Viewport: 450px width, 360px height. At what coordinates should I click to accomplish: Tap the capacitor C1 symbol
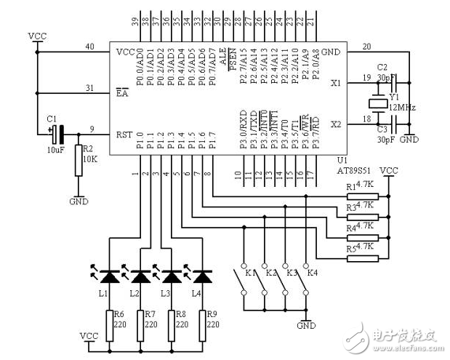[x=57, y=134]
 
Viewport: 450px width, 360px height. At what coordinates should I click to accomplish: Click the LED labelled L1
[x=111, y=276]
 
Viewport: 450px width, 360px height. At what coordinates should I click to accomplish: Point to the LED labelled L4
[x=202, y=276]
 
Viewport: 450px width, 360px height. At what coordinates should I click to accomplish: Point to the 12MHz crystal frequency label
[x=401, y=107]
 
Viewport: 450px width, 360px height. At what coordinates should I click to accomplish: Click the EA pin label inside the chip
[x=121, y=92]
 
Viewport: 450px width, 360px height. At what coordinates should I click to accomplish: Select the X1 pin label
[x=335, y=84]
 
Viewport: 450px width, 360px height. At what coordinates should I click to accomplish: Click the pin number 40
[x=89, y=47]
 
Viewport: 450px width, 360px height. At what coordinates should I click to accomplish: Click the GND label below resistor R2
[x=79, y=201]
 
